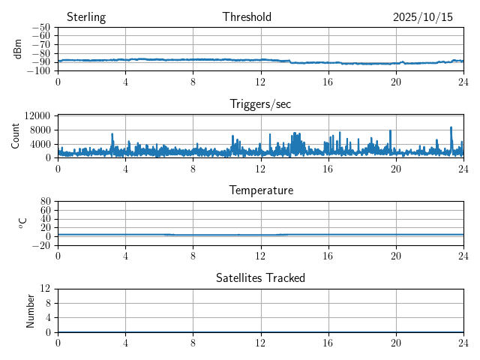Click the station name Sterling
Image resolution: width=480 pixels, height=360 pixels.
pos(86,17)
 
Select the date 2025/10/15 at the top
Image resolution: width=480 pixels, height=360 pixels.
pos(423,17)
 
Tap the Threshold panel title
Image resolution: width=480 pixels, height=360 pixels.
pos(247,17)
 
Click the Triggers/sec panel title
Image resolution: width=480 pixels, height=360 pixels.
pos(260,104)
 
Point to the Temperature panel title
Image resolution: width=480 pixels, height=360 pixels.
pos(260,190)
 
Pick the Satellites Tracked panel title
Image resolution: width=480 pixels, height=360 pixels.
pos(260,277)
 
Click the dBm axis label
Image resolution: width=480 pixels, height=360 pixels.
pos(18,49)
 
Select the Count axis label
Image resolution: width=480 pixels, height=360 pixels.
pos(16,136)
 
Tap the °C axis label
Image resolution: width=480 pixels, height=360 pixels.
pos(22,223)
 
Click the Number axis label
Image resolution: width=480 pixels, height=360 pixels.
pos(31,310)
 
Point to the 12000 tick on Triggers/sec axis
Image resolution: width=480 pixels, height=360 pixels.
pos(37,115)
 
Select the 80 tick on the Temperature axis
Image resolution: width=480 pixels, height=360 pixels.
pos(45,202)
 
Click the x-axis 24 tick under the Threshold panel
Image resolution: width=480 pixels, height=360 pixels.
pos(463,82)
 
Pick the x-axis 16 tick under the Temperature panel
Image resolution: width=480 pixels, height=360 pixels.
pos(328,255)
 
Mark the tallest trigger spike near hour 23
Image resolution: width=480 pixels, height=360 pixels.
pos(451,128)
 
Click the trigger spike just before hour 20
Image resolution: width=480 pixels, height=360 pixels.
pos(391,132)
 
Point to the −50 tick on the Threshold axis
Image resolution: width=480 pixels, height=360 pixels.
pos(42,28)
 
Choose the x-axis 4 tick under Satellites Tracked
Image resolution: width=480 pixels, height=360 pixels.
pos(125,342)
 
